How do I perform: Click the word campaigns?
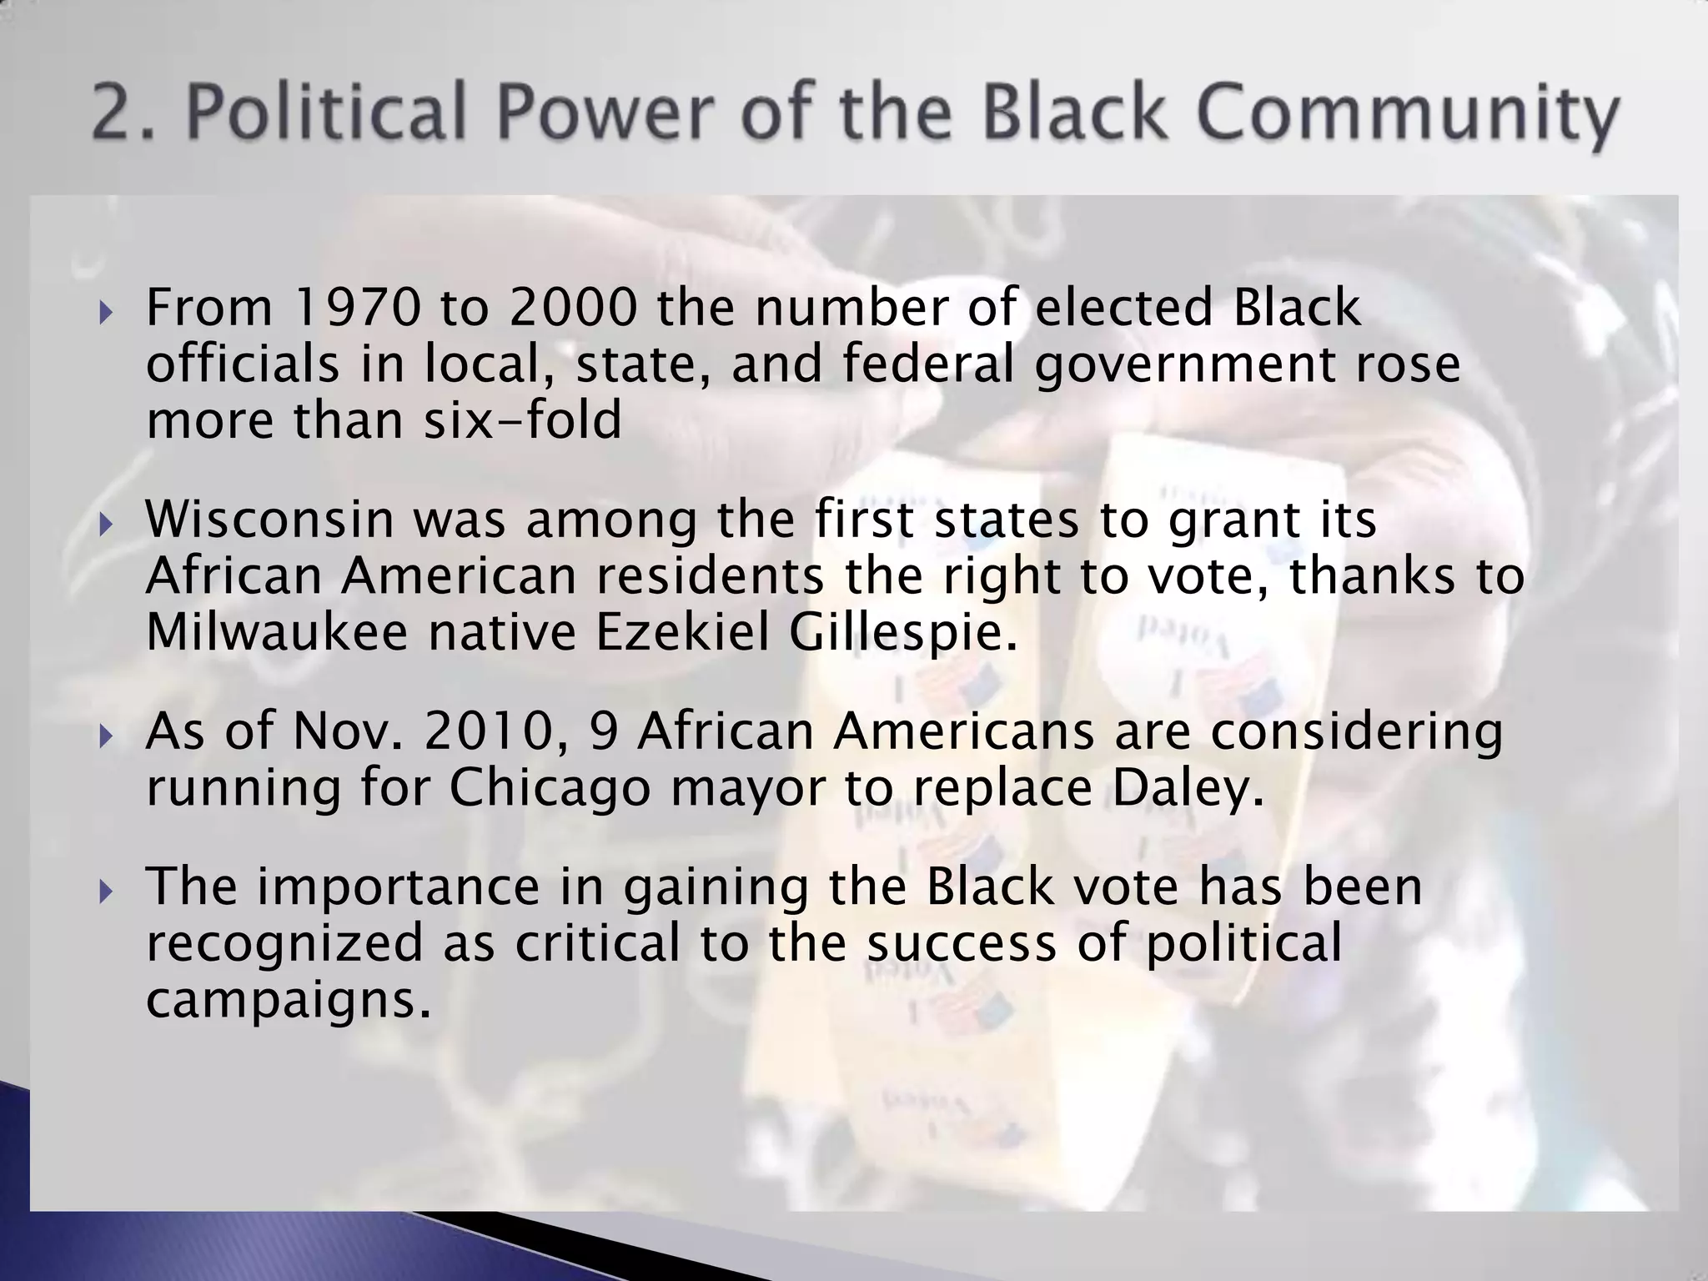click(x=289, y=1000)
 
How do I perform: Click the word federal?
click(x=928, y=364)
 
